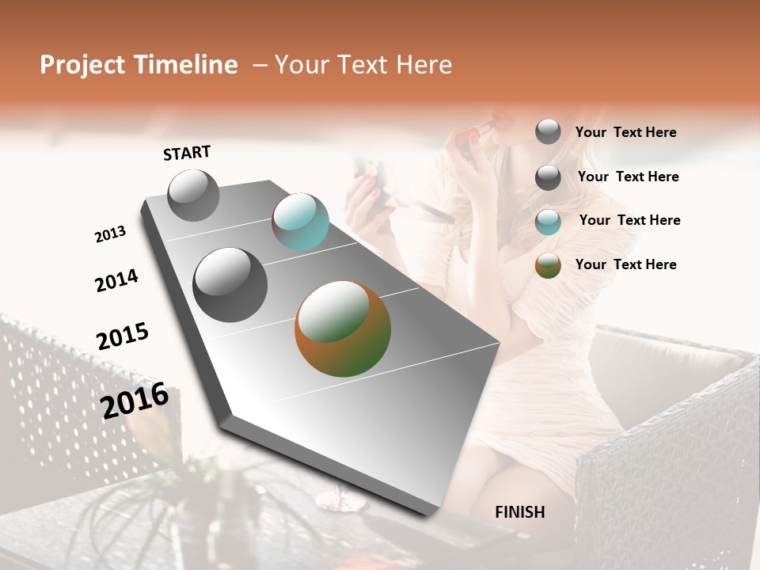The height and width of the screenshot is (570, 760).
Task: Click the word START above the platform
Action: click(x=187, y=153)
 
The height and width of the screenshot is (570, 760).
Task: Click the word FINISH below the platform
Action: click(x=519, y=512)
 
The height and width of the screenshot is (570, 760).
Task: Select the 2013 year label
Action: click(x=110, y=234)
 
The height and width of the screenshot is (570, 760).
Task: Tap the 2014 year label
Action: click(x=116, y=280)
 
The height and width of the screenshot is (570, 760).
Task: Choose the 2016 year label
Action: click(x=135, y=401)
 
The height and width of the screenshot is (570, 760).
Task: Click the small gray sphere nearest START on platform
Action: click(x=193, y=195)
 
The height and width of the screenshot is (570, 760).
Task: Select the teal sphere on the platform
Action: click(x=300, y=222)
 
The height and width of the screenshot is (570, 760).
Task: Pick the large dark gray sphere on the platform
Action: click(x=230, y=285)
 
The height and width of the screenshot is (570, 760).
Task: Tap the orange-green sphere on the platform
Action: click(x=343, y=329)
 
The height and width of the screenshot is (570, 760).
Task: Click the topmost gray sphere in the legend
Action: click(x=548, y=131)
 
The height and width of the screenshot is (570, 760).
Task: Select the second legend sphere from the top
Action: click(x=548, y=177)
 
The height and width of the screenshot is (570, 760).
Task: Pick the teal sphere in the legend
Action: click(x=548, y=222)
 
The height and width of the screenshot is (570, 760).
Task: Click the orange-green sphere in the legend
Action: click(x=548, y=265)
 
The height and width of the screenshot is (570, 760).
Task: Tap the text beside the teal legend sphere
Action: click(x=629, y=220)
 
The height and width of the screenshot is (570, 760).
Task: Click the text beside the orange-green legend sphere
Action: click(x=625, y=264)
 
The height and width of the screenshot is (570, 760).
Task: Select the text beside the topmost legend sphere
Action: click(x=625, y=133)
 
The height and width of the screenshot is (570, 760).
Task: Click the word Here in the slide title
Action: click(x=424, y=65)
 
